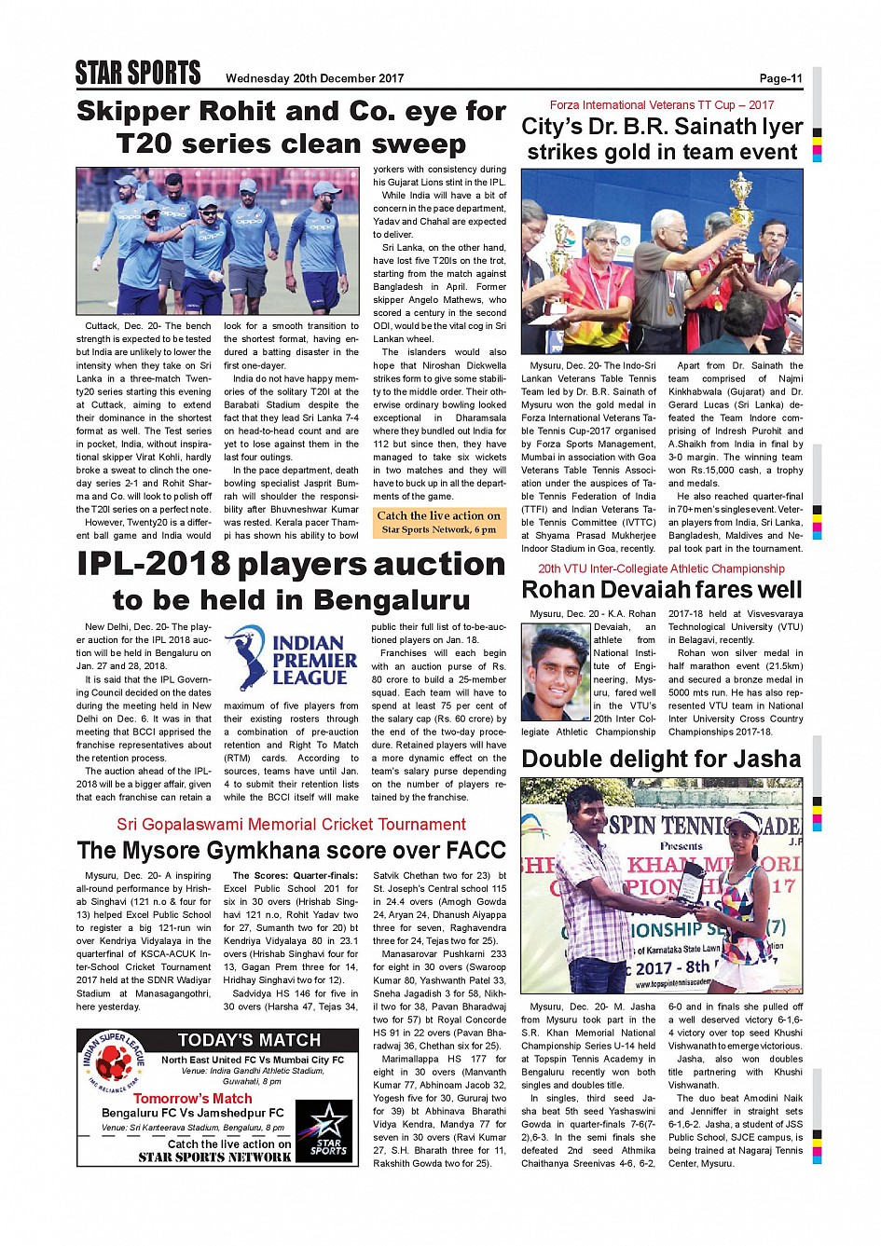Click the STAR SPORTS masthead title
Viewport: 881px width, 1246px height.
(138, 74)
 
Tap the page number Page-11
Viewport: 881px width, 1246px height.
(780, 78)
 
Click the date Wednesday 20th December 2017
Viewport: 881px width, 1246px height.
(314, 78)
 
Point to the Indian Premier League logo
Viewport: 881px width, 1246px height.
(291, 658)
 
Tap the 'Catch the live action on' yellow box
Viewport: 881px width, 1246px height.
(438, 522)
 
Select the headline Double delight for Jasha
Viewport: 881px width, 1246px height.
(661, 760)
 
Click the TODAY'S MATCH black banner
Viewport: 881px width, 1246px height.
(249, 1040)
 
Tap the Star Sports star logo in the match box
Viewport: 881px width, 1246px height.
(328, 1130)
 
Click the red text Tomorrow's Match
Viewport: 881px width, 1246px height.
(192, 1099)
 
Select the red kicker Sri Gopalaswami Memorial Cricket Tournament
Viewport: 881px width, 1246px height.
(291, 825)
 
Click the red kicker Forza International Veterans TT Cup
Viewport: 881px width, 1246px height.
(661, 105)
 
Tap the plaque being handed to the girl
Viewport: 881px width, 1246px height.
(693, 886)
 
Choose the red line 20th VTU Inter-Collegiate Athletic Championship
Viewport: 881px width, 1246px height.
(661, 568)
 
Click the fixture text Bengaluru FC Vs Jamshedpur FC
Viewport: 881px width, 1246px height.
(192, 1114)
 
